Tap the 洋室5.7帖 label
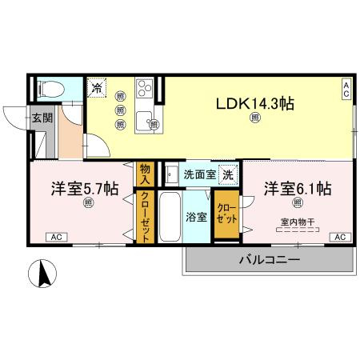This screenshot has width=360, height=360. pyautogui.click(x=86, y=190)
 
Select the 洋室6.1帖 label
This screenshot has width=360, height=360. pyautogui.click(x=298, y=190)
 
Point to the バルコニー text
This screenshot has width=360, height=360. pyautogui.click(x=268, y=261)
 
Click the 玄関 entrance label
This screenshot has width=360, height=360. pyautogui.click(x=42, y=118)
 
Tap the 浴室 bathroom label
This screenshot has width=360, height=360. pyautogui.click(x=196, y=216)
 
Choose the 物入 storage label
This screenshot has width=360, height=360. pyautogui.click(x=145, y=174)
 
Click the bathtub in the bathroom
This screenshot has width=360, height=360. pyautogui.click(x=170, y=216)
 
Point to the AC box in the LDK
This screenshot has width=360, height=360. pyautogui.click(x=346, y=90)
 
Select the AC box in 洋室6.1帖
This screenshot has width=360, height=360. pyautogui.click(x=339, y=237)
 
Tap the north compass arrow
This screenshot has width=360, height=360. pyautogui.click(x=45, y=274)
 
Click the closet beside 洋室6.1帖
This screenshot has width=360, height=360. pyautogui.click(x=226, y=213)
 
